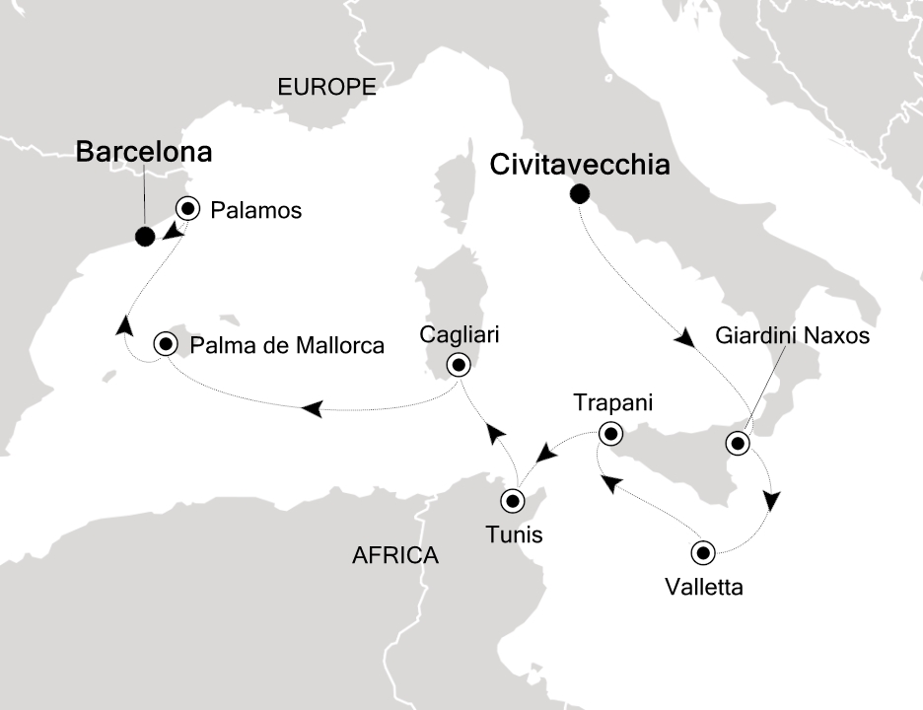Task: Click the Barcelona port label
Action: (x=144, y=153)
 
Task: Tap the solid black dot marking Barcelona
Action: (x=145, y=236)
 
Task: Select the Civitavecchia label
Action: (x=580, y=165)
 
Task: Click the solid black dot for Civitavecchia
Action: (x=579, y=194)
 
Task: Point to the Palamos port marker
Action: (x=186, y=208)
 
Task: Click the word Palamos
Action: (x=255, y=210)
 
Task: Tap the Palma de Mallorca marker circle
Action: (x=166, y=344)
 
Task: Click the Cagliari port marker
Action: (x=459, y=365)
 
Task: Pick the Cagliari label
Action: (x=459, y=335)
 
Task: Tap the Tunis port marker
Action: (x=513, y=501)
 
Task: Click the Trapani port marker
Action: (x=610, y=433)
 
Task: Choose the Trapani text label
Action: (x=612, y=403)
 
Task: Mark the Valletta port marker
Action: (x=703, y=551)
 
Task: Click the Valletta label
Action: (x=703, y=589)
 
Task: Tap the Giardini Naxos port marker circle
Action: (x=737, y=443)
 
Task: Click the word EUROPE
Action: (x=327, y=87)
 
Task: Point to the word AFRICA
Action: (x=394, y=556)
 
